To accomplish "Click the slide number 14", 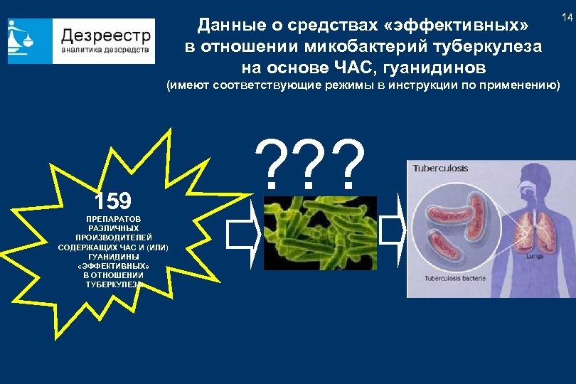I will (x=567, y=16).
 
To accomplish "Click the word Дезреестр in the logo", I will (x=105, y=35).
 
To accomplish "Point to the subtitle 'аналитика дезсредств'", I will (x=105, y=50).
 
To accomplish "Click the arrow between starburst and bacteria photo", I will (x=242, y=232).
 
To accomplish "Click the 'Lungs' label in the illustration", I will (x=535, y=261).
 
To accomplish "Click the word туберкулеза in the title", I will (x=495, y=47).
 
